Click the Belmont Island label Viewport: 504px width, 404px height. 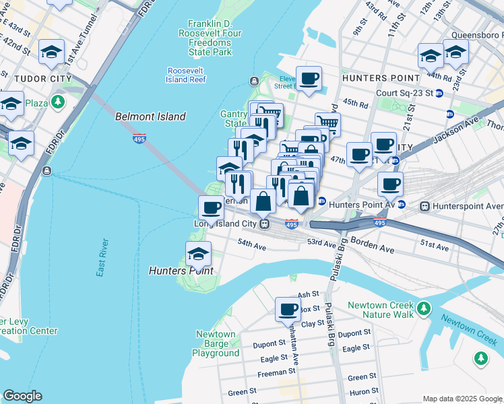(150, 116)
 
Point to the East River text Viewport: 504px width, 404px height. (102, 258)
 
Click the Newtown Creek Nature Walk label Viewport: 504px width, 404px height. (381, 310)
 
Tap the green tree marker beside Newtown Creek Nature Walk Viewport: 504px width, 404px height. (423, 308)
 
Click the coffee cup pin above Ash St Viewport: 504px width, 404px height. (288, 309)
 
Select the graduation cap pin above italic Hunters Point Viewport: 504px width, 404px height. (198, 254)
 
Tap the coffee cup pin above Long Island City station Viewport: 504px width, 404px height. (211, 207)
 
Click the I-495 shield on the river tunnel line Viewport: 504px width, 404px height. (139, 137)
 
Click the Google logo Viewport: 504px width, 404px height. (22, 396)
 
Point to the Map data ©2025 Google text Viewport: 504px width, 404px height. (462, 399)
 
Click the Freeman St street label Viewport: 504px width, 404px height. (277, 370)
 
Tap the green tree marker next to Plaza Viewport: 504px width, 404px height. (58, 102)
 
